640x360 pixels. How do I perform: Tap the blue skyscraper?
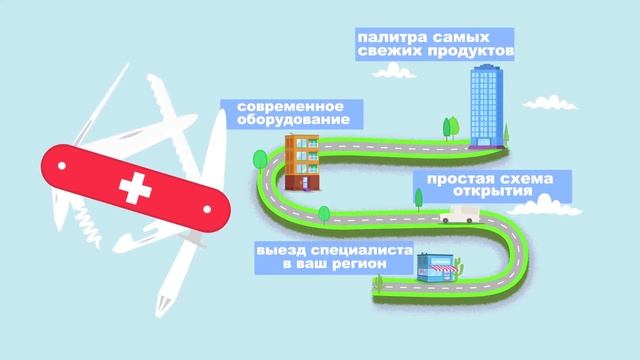[x=487, y=104]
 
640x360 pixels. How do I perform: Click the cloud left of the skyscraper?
[x=397, y=72]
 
